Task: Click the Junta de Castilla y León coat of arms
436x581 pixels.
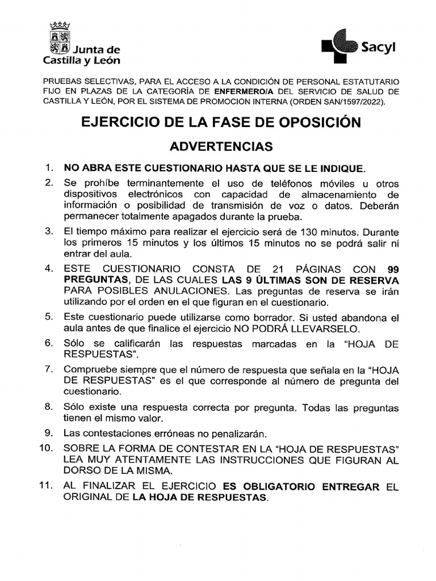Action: (x=60, y=38)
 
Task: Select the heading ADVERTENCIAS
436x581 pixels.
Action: (x=221, y=146)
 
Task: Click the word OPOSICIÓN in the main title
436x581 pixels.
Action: (x=312, y=122)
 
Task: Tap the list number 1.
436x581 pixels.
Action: (x=49, y=168)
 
